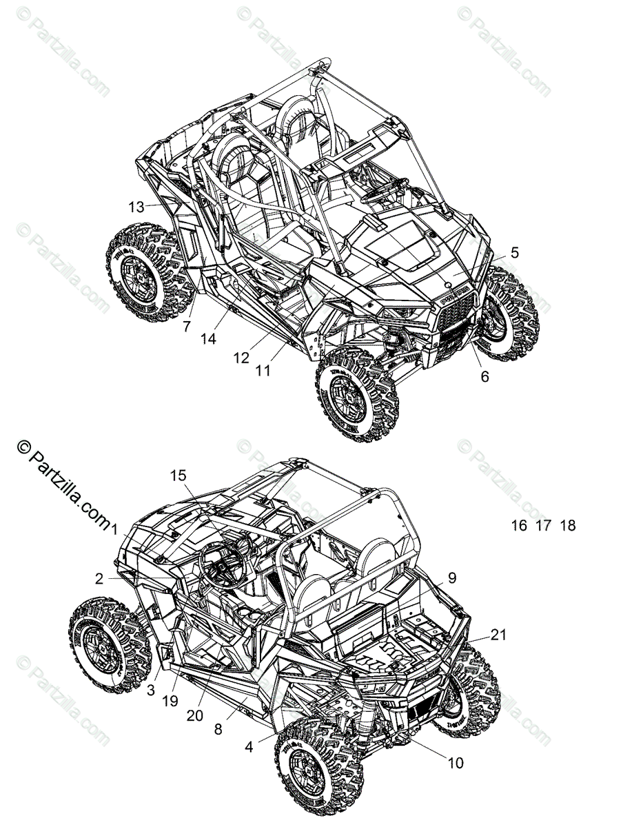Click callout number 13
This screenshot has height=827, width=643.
tap(136, 206)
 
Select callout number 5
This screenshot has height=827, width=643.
tap(514, 252)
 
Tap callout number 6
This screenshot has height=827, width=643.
tap(484, 377)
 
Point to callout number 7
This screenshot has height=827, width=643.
tap(186, 327)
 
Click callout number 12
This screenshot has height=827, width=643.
tap(241, 358)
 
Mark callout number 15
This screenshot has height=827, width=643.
tap(178, 475)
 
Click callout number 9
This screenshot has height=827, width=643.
tap(451, 578)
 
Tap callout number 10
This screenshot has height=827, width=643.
tap(456, 763)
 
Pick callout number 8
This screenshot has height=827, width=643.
tap(218, 728)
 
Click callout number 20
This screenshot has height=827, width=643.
tap(195, 715)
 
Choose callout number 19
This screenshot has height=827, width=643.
tap(170, 700)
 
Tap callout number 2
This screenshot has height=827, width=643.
tap(99, 579)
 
